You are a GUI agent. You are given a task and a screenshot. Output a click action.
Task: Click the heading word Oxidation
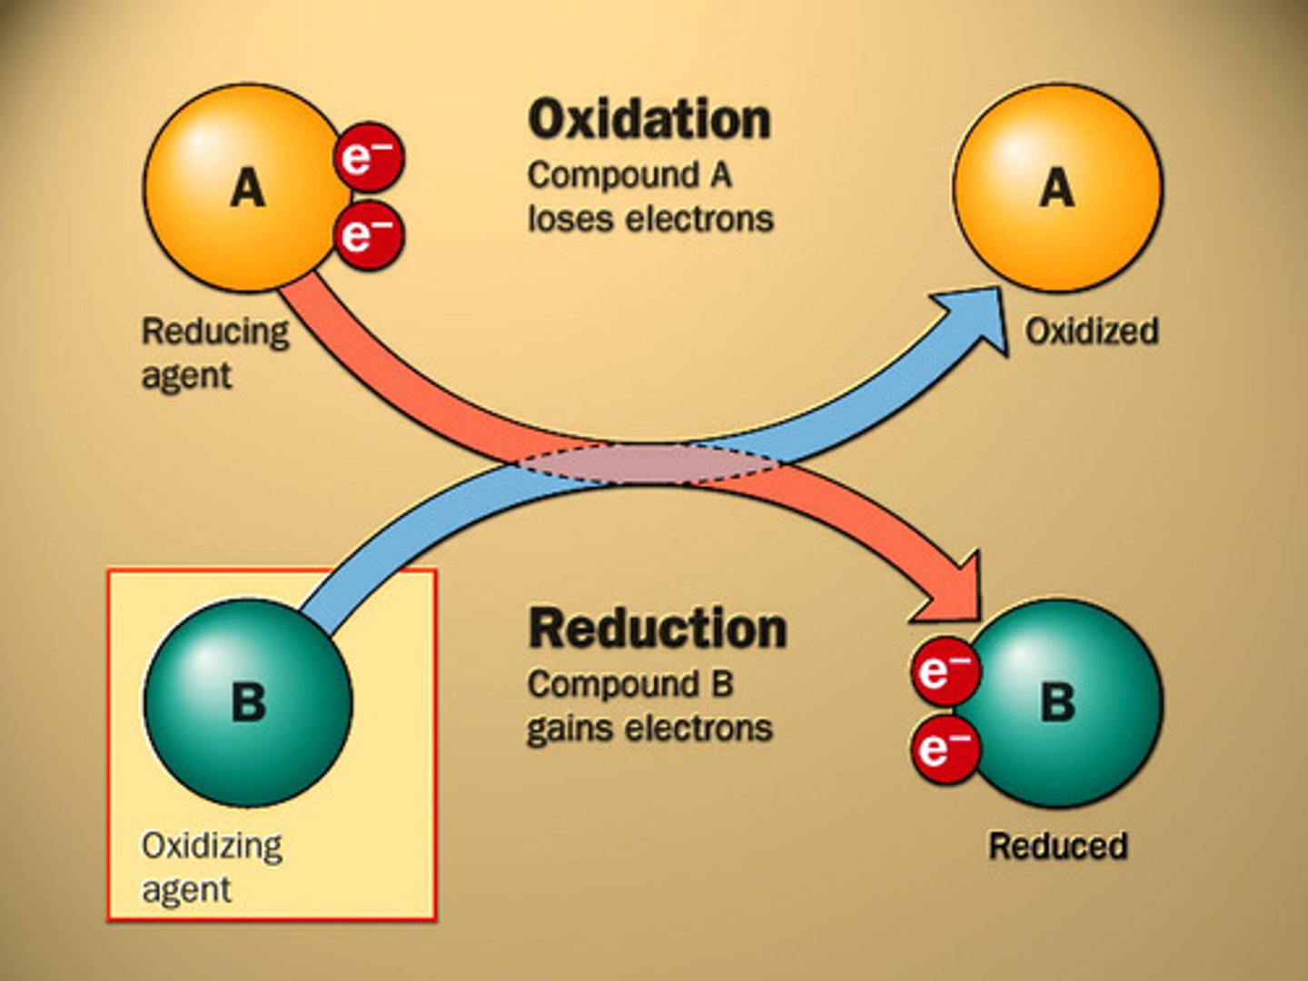click(649, 120)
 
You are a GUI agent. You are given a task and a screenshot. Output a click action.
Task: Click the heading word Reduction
click(657, 629)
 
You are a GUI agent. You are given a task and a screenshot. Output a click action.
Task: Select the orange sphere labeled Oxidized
click(1057, 188)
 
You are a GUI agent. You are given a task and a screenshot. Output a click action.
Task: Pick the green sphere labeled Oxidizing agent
click(248, 702)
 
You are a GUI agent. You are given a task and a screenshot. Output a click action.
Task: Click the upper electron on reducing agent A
click(369, 157)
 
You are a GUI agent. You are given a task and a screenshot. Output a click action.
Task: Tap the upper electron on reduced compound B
click(946, 670)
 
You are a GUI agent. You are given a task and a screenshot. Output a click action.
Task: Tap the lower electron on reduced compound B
click(946, 748)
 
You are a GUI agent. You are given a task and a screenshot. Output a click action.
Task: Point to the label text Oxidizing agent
click(212, 867)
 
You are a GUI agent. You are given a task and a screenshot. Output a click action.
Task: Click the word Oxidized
click(1091, 331)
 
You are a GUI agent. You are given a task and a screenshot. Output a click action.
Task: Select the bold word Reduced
click(1057, 846)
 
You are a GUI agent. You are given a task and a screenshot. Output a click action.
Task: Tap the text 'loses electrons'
click(650, 219)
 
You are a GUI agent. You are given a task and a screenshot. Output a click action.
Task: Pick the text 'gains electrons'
click(649, 728)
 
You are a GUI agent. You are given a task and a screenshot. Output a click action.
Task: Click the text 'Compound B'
click(629, 684)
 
